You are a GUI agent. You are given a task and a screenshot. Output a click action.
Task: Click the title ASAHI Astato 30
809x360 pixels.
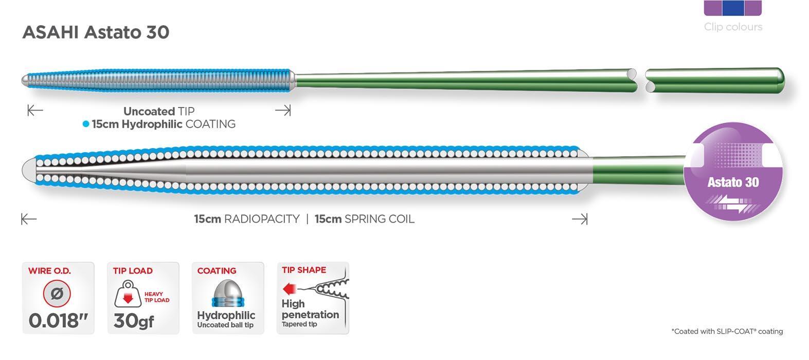coord(96,32)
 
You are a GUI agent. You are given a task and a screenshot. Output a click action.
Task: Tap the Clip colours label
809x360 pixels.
coord(733,27)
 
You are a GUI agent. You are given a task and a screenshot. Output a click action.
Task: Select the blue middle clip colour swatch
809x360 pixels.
coord(733,8)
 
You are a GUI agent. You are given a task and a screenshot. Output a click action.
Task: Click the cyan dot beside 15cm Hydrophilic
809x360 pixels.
coord(85,124)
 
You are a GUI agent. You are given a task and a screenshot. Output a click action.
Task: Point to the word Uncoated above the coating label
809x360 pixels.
coord(149,111)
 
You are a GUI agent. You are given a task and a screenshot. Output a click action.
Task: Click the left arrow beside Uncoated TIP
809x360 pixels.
coord(35,110)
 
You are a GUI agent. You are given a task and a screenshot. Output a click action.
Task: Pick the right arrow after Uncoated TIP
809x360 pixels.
coord(283,110)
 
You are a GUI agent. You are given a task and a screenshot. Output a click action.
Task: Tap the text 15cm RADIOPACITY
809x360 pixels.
coord(247,219)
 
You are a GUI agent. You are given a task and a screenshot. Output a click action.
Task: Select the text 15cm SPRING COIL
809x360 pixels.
coord(365,219)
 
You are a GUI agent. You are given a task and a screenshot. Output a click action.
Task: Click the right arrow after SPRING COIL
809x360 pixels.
coord(580,219)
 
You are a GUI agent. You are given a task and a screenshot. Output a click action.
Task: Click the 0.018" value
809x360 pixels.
coord(58,320)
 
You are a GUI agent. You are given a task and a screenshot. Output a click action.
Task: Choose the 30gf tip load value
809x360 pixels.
coord(134,320)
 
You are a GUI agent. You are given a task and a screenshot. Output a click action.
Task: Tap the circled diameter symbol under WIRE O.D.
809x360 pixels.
coord(57,293)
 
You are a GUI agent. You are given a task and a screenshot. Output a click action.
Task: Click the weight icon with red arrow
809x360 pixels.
coord(128,294)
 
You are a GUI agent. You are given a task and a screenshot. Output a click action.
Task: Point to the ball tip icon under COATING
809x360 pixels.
coord(228,293)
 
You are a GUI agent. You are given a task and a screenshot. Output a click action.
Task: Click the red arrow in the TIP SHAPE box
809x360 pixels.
coord(289,289)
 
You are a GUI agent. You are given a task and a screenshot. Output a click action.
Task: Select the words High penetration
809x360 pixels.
coord(310,309)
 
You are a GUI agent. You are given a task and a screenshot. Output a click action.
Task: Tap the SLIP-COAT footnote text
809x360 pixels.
coord(727,331)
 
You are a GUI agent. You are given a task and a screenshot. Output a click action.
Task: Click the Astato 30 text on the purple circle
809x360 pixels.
coord(733,182)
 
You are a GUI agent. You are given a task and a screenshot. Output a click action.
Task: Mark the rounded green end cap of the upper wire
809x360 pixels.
coord(778,80)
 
